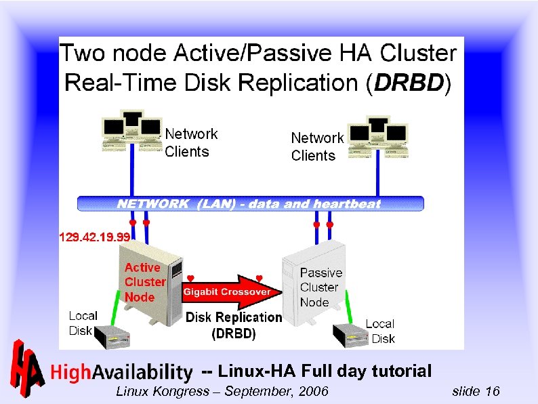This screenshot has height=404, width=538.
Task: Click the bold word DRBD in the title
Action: pyautogui.click(x=409, y=83)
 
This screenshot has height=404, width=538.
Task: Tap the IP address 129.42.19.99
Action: pyautogui.click(x=94, y=237)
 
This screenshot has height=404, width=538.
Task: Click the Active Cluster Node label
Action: pyautogui.click(x=144, y=283)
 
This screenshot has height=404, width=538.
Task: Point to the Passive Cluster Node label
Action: pyautogui.click(x=320, y=287)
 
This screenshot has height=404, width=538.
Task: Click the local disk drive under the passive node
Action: pyautogui.click(x=351, y=334)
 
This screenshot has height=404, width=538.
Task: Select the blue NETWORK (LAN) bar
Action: pyautogui.click(x=250, y=203)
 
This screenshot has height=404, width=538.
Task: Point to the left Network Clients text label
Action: pyautogui.click(x=191, y=143)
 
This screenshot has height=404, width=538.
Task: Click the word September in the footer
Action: pyautogui.click(x=257, y=391)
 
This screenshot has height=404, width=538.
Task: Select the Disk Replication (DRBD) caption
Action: pyautogui.click(x=234, y=325)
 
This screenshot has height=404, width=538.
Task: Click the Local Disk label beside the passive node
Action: pyautogui.click(x=381, y=331)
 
